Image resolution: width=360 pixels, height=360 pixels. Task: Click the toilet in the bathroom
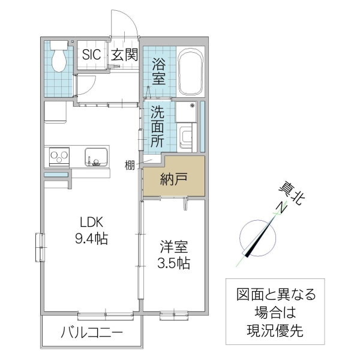[x=59, y=59]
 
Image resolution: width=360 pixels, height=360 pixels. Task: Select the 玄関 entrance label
[x=125, y=55]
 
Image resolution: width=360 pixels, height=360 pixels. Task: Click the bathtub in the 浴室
[x=191, y=73]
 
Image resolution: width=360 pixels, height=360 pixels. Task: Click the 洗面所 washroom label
[x=157, y=127]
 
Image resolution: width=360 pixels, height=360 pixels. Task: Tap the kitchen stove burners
[x=60, y=158]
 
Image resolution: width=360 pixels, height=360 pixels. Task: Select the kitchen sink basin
[x=95, y=158]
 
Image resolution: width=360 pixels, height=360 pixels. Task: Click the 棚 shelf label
[x=130, y=165]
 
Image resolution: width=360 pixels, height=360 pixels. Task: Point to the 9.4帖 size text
[x=91, y=239]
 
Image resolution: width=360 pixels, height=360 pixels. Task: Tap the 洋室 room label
[x=173, y=246]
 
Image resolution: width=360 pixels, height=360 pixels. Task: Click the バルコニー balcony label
[x=92, y=333]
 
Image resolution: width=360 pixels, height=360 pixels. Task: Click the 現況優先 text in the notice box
[x=275, y=328]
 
